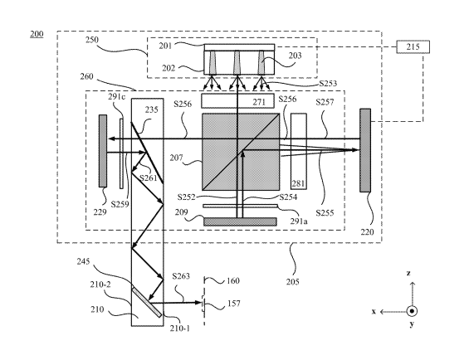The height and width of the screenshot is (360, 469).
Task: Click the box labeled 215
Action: click(x=413, y=47)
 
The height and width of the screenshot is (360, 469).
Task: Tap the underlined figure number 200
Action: click(x=37, y=34)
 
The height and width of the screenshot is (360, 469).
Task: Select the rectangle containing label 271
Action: click(x=237, y=101)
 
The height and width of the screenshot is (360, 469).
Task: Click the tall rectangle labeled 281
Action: click(x=299, y=151)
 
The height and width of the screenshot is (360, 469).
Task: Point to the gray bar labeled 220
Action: click(x=365, y=150)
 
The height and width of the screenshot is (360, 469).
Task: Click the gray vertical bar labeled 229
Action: click(x=103, y=151)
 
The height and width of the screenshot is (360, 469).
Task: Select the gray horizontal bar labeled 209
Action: click(x=240, y=221)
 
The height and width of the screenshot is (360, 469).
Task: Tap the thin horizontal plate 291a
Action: click(x=240, y=206)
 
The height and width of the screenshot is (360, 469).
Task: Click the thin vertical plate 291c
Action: click(x=121, y=153)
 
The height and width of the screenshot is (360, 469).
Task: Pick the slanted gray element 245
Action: click(x=147, y=301)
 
